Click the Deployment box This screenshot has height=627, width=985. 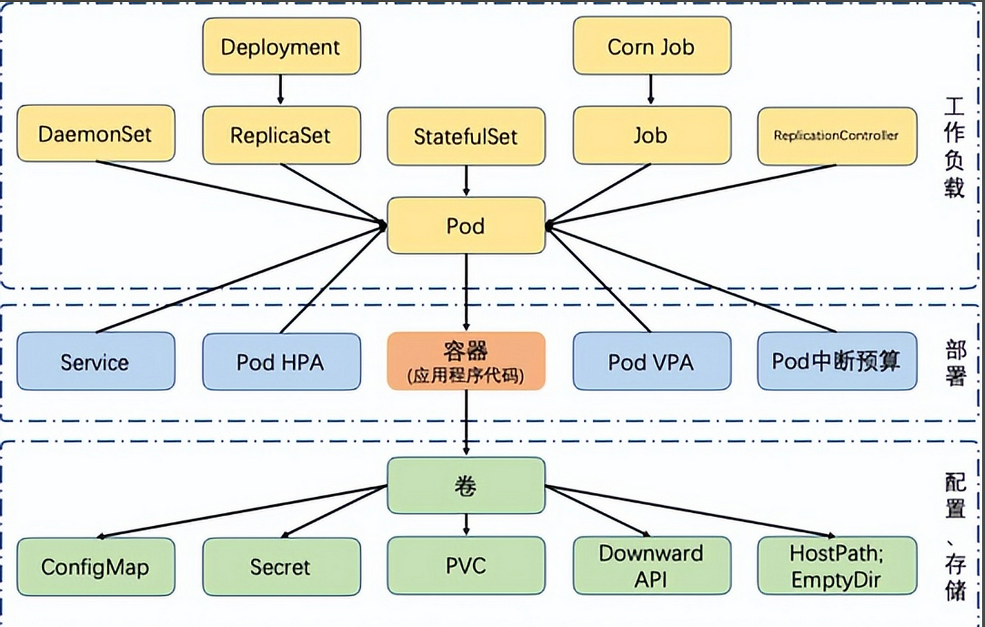(x=281, y=46)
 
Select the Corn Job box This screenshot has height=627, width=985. (x=651, y=46)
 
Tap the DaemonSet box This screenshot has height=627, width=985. (x=96, y=134)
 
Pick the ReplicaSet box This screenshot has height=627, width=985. (x=281, y=135)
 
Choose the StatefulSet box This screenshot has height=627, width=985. (x=465, y=136)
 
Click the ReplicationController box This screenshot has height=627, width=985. (x=837, y=136)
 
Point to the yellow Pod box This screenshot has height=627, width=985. (x=465, y=226)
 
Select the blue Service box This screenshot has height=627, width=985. (x=96, y=361)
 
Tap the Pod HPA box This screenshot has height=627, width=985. (x=281, y=361)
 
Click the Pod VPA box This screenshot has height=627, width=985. (x=651, y=361)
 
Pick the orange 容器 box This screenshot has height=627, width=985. (x=465, y=361)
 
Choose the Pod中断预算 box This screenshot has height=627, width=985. (x=837, y=361)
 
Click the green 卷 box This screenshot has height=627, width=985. (x=465, y=485)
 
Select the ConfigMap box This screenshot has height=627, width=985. (x=96, y=567)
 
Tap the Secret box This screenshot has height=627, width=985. (x=281, y=567)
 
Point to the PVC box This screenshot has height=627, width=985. (x=465, y=565)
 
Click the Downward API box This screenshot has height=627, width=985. (x=651, y=565)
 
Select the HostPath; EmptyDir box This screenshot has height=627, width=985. (x=837, y=565)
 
